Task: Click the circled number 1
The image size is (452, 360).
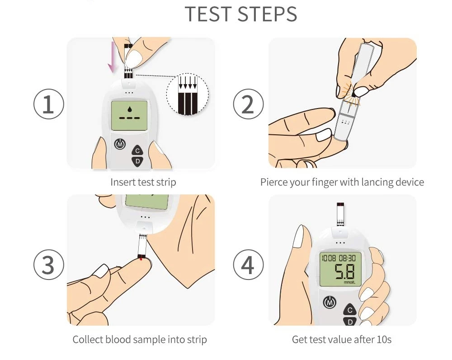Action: pyautogui.click(x=48, y=104)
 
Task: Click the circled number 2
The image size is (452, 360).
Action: pyautogui.click(x=248, y=104)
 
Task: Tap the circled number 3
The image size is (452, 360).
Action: pyautogui.click(x=48, y=265)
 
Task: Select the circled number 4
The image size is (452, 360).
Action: pyautogui.click(x=248, y=265)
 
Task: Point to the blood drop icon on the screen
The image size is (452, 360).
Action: pyautogui.click(x=130, y=109)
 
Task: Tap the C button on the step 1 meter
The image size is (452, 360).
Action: pyautogui.click(x=137, y=150)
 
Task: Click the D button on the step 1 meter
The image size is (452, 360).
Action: pyautogui.click(x=137, y=161)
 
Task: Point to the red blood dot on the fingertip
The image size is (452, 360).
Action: pyautogui.click(x=141, y=259)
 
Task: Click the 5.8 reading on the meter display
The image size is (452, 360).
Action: pyautogui.click(x=344, y=271)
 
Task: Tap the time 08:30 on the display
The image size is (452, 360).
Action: pyautogui.click(x=347, y=258)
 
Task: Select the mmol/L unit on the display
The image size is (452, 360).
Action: pyautogui.click(x=349, y=282)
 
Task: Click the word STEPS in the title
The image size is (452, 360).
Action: pyautogui.click(x=268, y=14)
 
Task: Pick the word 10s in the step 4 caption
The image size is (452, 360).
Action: pyautogui.click(x=384, y=340)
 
